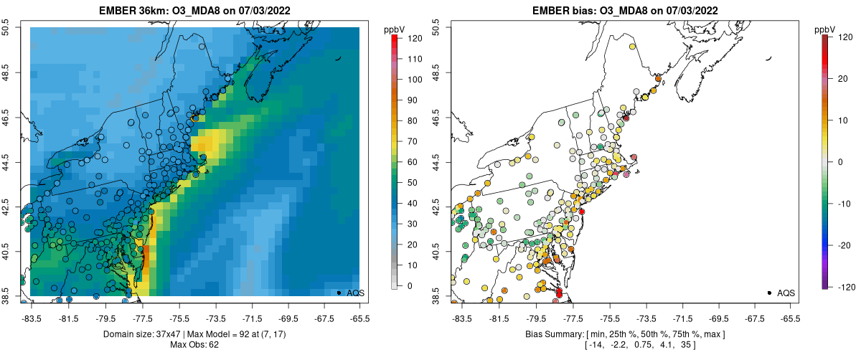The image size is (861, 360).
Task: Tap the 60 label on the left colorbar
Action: coord(413,162)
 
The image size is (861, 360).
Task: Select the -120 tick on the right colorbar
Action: coord(834,286)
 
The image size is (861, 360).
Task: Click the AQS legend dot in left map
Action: coord(339,293)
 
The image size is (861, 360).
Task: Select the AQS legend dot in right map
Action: coord(769,293)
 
